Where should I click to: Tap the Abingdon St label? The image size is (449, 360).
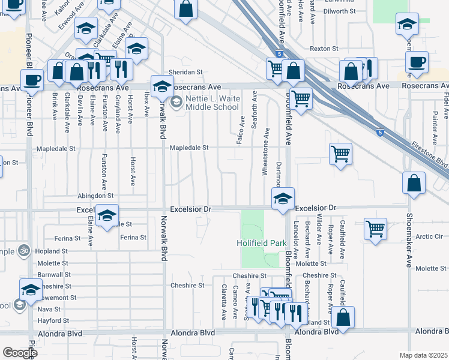coord(95,196)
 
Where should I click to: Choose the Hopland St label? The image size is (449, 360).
coord(52,251)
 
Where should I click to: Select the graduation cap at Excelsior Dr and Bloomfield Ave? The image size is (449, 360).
coord(283,199)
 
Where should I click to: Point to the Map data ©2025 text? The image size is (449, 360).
coord(423,355)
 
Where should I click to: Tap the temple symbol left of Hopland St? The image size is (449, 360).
coord(25,250)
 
